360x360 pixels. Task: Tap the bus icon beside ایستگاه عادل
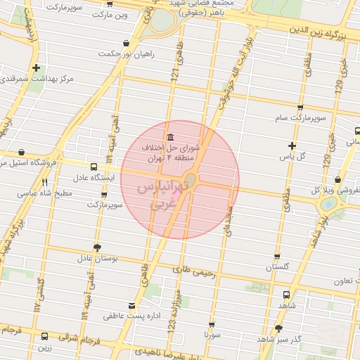[x=94, y=167]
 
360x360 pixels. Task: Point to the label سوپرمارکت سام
[x=301, y=120]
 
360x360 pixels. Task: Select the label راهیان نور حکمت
[x=126, y=53]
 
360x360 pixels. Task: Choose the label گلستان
[x=277, y=268]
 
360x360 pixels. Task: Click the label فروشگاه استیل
[x=36, y=162]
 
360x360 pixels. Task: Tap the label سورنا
[x=211, y=335]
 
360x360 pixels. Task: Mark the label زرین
[x=44, y=347]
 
